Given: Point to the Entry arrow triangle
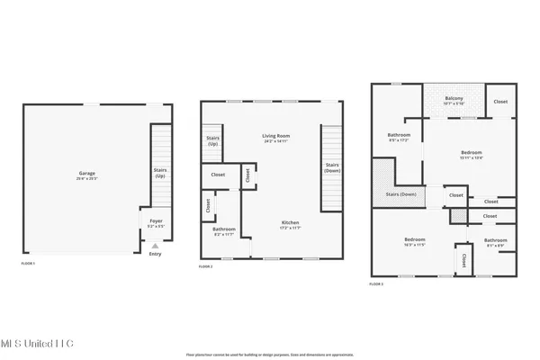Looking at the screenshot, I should point(154,245).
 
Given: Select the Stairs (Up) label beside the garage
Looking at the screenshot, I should point(160,172).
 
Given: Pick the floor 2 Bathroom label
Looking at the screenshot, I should point(224,230).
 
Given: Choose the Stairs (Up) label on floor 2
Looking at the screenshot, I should point(212,141).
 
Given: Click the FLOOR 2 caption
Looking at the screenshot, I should point(206,267).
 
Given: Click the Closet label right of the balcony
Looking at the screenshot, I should point(500,102).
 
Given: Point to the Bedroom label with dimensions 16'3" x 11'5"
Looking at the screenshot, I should point(414,240).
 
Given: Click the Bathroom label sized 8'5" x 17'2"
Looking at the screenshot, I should point(398,137).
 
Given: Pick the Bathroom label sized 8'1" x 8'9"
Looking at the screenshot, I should point(495,241).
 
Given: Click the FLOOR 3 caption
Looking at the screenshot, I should point(376,283).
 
